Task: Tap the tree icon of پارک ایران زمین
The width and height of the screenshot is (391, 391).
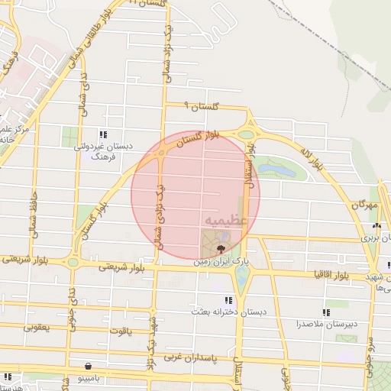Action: (221, 249)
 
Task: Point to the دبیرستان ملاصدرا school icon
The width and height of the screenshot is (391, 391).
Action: (326, 312)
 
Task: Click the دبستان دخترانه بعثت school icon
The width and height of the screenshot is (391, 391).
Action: (227, 300)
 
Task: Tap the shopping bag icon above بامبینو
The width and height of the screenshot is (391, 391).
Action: (91, 366)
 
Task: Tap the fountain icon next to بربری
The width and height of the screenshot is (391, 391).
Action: (375, 226)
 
